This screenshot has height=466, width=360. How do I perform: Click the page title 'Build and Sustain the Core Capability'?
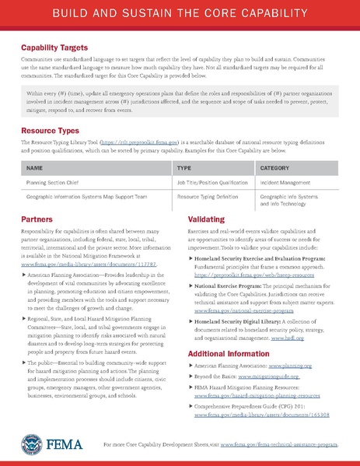pyautogui.click(x=180, y=15)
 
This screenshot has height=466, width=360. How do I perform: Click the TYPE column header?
pyautogui.click(x=184, y=167)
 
